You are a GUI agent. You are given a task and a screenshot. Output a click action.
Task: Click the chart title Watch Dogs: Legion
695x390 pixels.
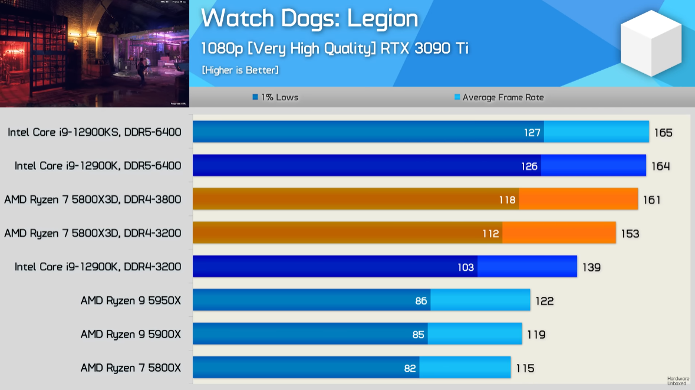click(x=309, y=18)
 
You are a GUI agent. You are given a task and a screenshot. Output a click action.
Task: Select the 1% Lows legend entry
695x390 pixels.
click(x=275, y=97)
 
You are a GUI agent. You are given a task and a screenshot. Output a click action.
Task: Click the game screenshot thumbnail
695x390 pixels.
click(x=94, y=53)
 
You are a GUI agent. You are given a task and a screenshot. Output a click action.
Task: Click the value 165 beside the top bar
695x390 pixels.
click(x=663, y=133)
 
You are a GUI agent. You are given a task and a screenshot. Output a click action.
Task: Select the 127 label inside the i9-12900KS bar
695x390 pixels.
click(x=532, y=133)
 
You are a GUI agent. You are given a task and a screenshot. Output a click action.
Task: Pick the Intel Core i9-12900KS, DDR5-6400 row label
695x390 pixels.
click(x=94, y=132)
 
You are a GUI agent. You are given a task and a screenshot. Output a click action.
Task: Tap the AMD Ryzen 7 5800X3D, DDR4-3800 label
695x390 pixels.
click(x=93, y=199)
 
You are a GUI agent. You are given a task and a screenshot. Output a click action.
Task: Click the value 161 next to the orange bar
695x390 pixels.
click(x=651, y=200)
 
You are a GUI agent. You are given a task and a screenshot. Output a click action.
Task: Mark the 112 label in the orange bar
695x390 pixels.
click(x=490, y=234)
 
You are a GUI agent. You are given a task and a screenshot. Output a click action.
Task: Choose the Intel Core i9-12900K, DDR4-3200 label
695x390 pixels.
click(x=98, y=267)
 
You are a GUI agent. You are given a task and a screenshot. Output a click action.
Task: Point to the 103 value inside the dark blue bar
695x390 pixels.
click(x=466, y=267)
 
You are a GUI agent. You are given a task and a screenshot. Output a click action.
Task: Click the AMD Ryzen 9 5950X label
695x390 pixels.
click(x=131, y=301)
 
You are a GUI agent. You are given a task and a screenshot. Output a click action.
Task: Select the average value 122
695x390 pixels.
click(x=544, y=301)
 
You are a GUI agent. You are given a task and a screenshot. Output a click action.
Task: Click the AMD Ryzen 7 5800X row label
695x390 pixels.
click(x=131, y=368)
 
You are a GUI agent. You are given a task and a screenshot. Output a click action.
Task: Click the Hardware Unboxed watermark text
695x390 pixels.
click(x=678, y=381)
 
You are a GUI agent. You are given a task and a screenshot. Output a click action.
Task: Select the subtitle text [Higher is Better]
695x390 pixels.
click(x=240, y=70)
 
